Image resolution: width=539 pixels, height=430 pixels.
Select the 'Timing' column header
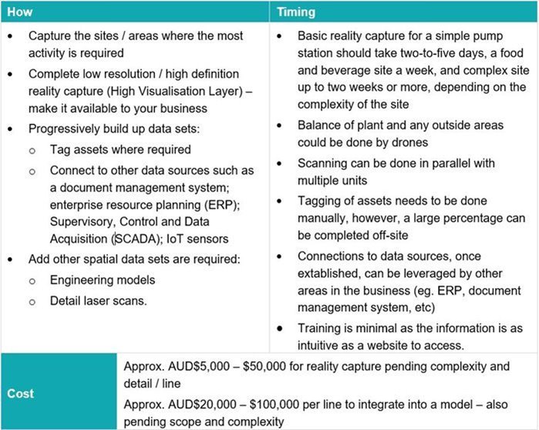point(295,13)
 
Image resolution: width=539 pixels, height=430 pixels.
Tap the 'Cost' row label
point(20,393)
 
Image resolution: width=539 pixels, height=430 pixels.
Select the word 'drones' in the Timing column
point(406,144)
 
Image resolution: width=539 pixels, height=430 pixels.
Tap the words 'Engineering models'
point(103,279)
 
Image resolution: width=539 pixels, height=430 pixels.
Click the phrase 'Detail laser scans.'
point(99,300)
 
